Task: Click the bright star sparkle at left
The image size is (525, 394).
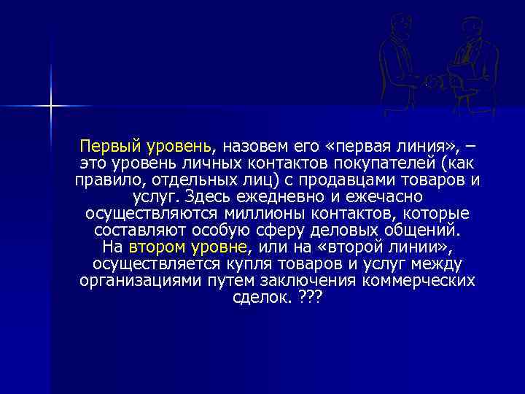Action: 51,107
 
